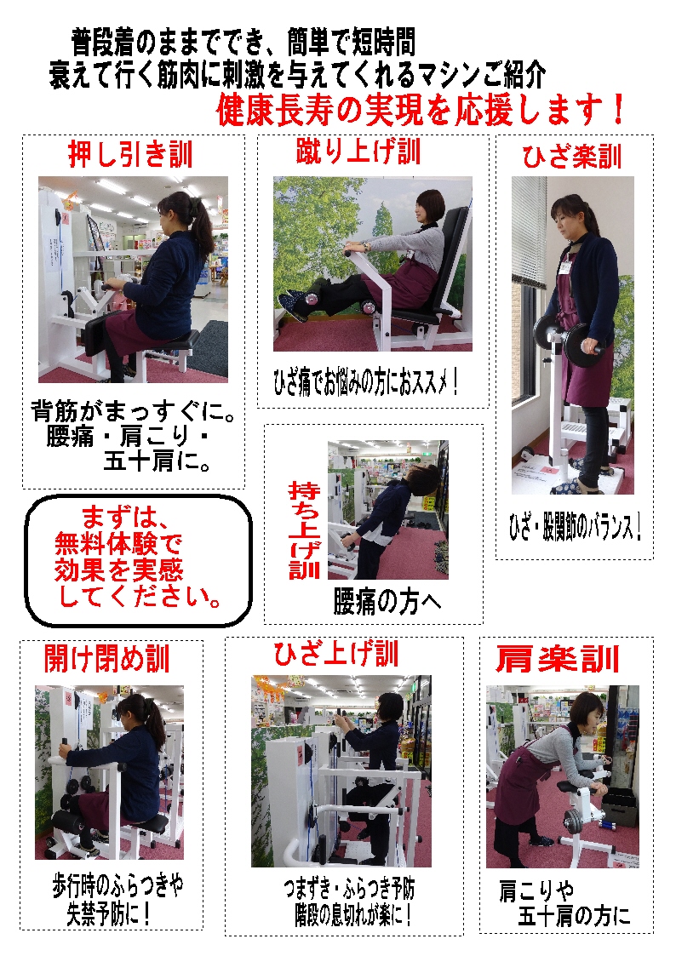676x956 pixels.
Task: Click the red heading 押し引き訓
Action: click(x=130, y=155)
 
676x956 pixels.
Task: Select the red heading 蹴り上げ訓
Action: click(x=358, y=152)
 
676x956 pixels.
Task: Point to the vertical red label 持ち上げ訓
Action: click(x=304, y=530)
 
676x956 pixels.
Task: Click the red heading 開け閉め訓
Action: click(x=107, y=658)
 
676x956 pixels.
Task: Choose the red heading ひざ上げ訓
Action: click(x=335, y=654)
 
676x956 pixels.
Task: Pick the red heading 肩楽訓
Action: click(x=557, y=659)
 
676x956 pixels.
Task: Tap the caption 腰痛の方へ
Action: click(x=387, y=601)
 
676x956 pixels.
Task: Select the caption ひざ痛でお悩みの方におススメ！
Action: click(x=366, y=381)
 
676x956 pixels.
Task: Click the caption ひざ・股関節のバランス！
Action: click(x=573, y=527)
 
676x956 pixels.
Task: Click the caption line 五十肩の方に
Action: click(x=575, y=916)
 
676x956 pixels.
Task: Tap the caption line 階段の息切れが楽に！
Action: click(x=348, y=916)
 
